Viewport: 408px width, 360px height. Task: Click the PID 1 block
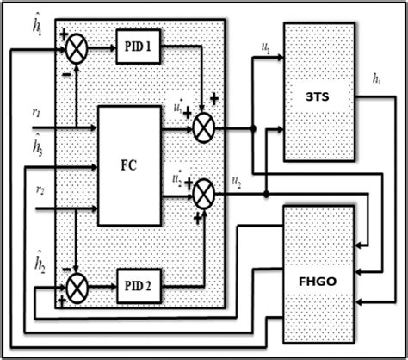[x=137, y=51]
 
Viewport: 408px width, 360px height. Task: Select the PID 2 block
[x=137, y=286]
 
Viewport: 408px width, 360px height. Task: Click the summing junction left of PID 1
[x=77, y=50]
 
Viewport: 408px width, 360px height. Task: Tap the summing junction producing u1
[x=203, y=130]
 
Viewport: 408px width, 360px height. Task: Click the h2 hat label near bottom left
[x=38, y=258]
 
